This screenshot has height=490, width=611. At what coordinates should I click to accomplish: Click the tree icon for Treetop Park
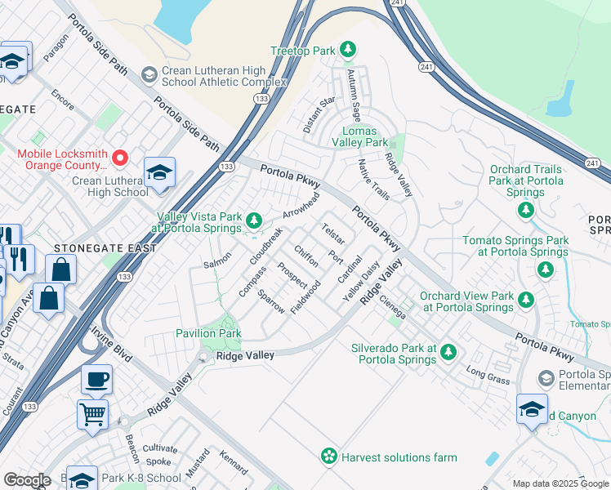(x=348, y=51)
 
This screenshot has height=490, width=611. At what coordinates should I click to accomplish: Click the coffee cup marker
(x=96, y=380)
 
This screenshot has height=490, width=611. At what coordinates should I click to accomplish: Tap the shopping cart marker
(x=92, y=413)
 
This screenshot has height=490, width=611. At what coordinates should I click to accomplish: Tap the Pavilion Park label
(x=208, y=333)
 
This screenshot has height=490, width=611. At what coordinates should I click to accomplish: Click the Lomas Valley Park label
(x=364, y=136)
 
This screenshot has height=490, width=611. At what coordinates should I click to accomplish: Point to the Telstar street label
(x=333, y=234)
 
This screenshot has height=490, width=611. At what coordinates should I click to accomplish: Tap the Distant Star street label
(x=320, y=113)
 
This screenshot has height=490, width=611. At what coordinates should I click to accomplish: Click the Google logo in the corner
(x=27, y=480)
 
